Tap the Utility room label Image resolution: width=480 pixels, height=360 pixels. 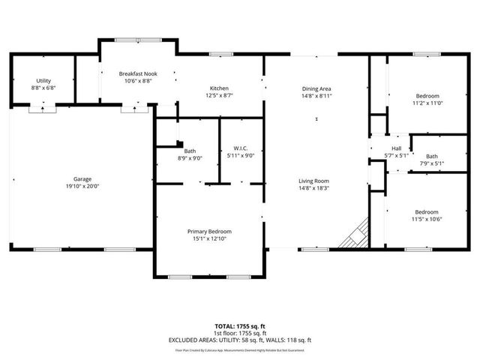click(43, 80)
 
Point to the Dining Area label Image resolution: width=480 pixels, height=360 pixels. click(316, 88)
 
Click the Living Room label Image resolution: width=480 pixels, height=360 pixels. click(316, 181)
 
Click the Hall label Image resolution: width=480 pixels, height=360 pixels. click(396, 148)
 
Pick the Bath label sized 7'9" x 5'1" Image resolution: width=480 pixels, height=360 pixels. click(432, 156)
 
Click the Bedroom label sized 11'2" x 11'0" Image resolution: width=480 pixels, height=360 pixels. click(427, 96)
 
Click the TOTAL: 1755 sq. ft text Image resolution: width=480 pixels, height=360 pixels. click(239, 326)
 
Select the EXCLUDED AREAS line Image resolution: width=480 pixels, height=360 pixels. click(239, 340)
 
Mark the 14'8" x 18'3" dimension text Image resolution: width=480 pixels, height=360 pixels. click(316, 187)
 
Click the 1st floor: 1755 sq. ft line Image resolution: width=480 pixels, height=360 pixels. click(239, 333)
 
